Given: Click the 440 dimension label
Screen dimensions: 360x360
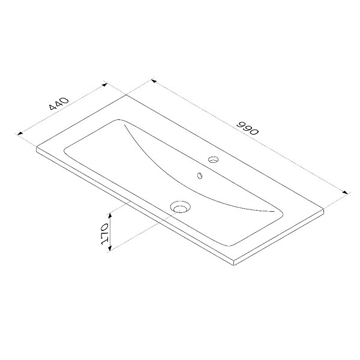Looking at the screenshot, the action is coord(59,103).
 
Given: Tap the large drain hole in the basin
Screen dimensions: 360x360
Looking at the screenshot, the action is coord(181,206).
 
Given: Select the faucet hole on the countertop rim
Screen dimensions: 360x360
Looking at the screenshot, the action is coord(213,159).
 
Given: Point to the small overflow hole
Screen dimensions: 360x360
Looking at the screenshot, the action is coord(200,175).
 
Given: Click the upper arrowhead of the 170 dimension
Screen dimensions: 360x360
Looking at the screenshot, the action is coord(110,215).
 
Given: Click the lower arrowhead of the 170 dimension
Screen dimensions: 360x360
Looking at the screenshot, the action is coord(110,248).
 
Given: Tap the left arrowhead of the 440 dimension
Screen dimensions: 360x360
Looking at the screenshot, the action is coord(20,133).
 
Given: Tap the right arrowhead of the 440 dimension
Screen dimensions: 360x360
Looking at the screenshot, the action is coord(104,85).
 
